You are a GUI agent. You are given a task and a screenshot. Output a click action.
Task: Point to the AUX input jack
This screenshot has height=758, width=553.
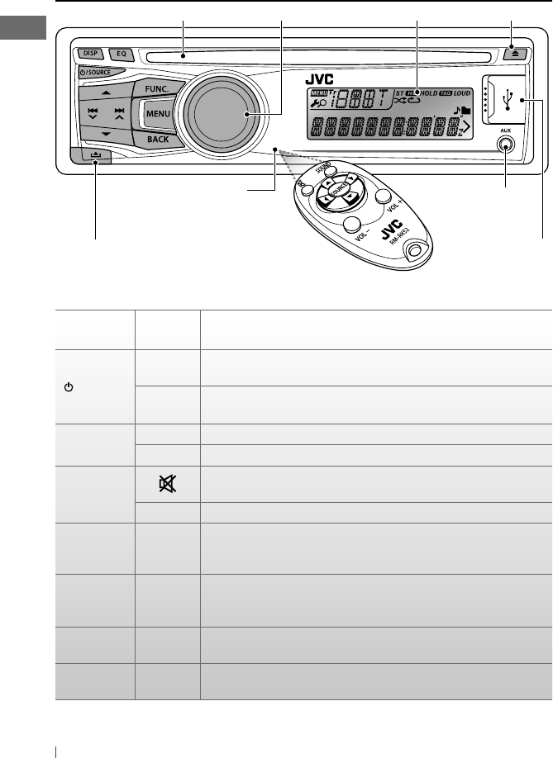point(505,144)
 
